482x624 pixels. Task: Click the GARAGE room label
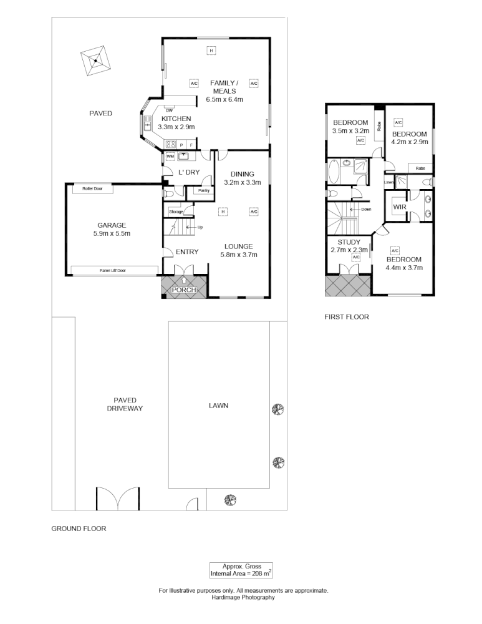tap(112, 225)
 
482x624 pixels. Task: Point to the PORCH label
tap(184, 290)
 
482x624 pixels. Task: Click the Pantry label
tap(203, 190)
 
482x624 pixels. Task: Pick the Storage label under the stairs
tap(176, 212)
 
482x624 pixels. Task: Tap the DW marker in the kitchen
tap(169, 110)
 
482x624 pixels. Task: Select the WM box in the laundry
tap(170, 157)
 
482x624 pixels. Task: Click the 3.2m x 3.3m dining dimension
tap(242, 182)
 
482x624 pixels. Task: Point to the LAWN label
tap(218, 406)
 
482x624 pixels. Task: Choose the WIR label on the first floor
tap(399, 207)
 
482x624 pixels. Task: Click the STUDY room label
tap(349, 242)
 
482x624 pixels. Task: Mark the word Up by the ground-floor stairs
tap(200, 227)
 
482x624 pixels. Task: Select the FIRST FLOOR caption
tap(347, 317)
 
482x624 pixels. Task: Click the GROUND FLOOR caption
tap(79, 529)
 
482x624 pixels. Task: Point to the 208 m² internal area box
tap(241, 570)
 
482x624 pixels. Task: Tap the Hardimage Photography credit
tap(243, 597)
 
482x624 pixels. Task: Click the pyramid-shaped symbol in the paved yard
tap(95, 61)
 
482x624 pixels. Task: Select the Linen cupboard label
tap(389, 182)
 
